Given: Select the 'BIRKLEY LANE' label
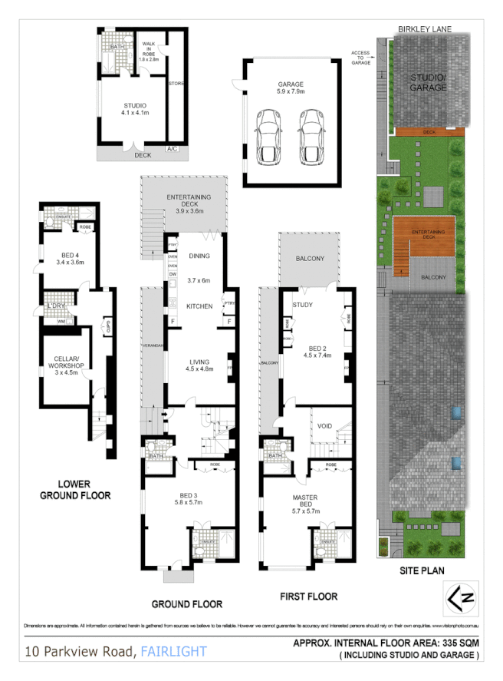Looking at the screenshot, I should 424,29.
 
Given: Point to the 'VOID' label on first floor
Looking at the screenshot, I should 324,426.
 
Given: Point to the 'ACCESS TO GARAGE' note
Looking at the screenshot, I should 360,58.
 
